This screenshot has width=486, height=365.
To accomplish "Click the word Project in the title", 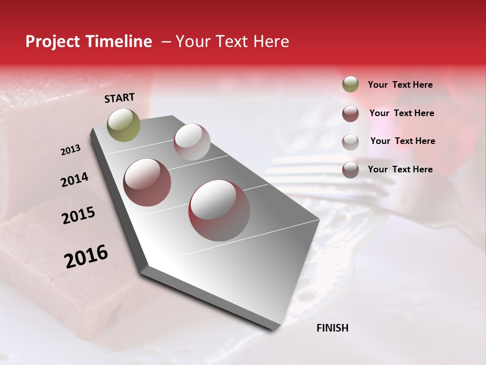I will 52,42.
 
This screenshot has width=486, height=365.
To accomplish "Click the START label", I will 119,98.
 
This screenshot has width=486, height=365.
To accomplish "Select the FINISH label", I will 332,328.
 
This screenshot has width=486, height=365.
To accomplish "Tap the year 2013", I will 70,150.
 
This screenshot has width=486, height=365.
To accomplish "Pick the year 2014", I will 74,180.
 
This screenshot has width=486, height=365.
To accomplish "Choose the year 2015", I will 78,216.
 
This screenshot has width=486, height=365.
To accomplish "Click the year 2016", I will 86,256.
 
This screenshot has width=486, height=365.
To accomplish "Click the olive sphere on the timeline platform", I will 124,125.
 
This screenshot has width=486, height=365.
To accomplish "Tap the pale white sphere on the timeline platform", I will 192,141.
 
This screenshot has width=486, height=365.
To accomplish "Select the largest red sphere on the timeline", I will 219,210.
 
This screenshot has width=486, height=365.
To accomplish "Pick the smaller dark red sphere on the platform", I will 147,182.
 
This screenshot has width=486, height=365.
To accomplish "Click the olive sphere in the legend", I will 350,84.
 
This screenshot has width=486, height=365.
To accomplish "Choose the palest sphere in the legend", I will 350,142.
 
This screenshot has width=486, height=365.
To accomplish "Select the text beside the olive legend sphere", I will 400,85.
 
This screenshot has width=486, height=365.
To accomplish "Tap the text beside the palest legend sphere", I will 402,141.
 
